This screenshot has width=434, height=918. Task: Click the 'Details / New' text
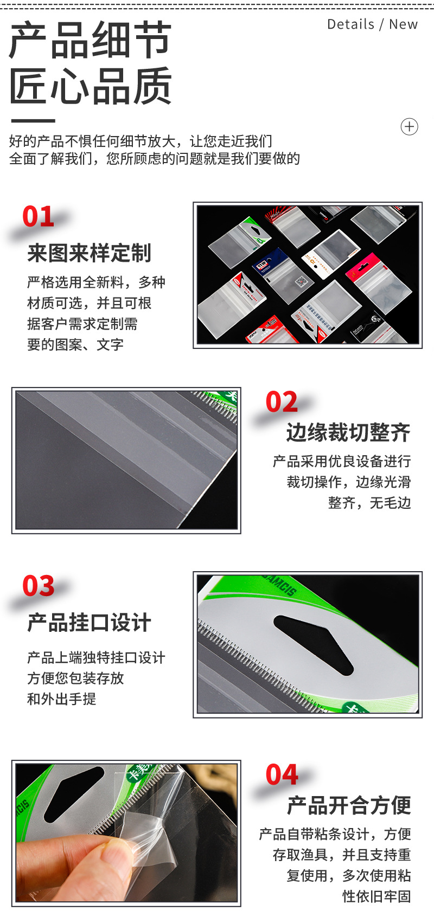tap(372, 24)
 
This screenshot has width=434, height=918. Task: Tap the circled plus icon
tap(409, 127)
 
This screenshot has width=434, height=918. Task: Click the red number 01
tap(38, 217)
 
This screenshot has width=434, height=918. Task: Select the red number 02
tap(282, 402)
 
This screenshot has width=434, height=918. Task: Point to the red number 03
tap(39, 586)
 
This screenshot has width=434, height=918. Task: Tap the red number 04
tap(282, 775)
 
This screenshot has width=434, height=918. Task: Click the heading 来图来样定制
tap(90, 253)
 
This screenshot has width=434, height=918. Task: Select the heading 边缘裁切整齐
tap(348, 432)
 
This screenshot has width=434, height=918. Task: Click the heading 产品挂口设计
tap(90, 623)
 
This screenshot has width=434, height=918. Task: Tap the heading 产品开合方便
tap(349, 806)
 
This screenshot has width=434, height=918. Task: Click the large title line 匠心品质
tap(91, 86)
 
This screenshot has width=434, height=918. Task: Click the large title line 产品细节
tap(91, 41)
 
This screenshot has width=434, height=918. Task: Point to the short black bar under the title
tap(33, 121)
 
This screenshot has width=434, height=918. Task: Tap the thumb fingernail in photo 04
tap(117, 857)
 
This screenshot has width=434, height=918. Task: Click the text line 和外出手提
tap(62, 699)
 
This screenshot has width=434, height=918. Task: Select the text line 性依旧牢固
tap(376, 896)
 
